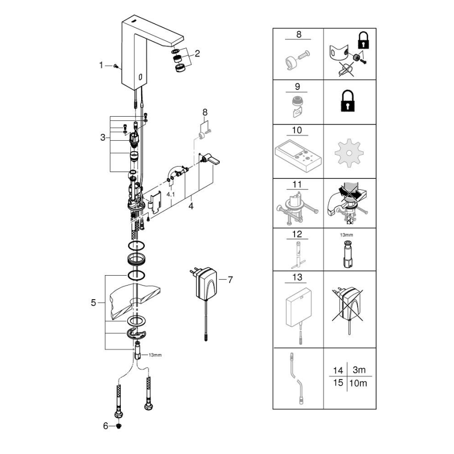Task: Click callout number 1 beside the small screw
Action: point(101,65)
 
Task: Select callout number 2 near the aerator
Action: point(197,53)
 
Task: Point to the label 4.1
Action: point(171,194)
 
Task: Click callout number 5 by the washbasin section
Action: point(94,302)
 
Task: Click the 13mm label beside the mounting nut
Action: point(155,355)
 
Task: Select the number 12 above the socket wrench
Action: point(298,234)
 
